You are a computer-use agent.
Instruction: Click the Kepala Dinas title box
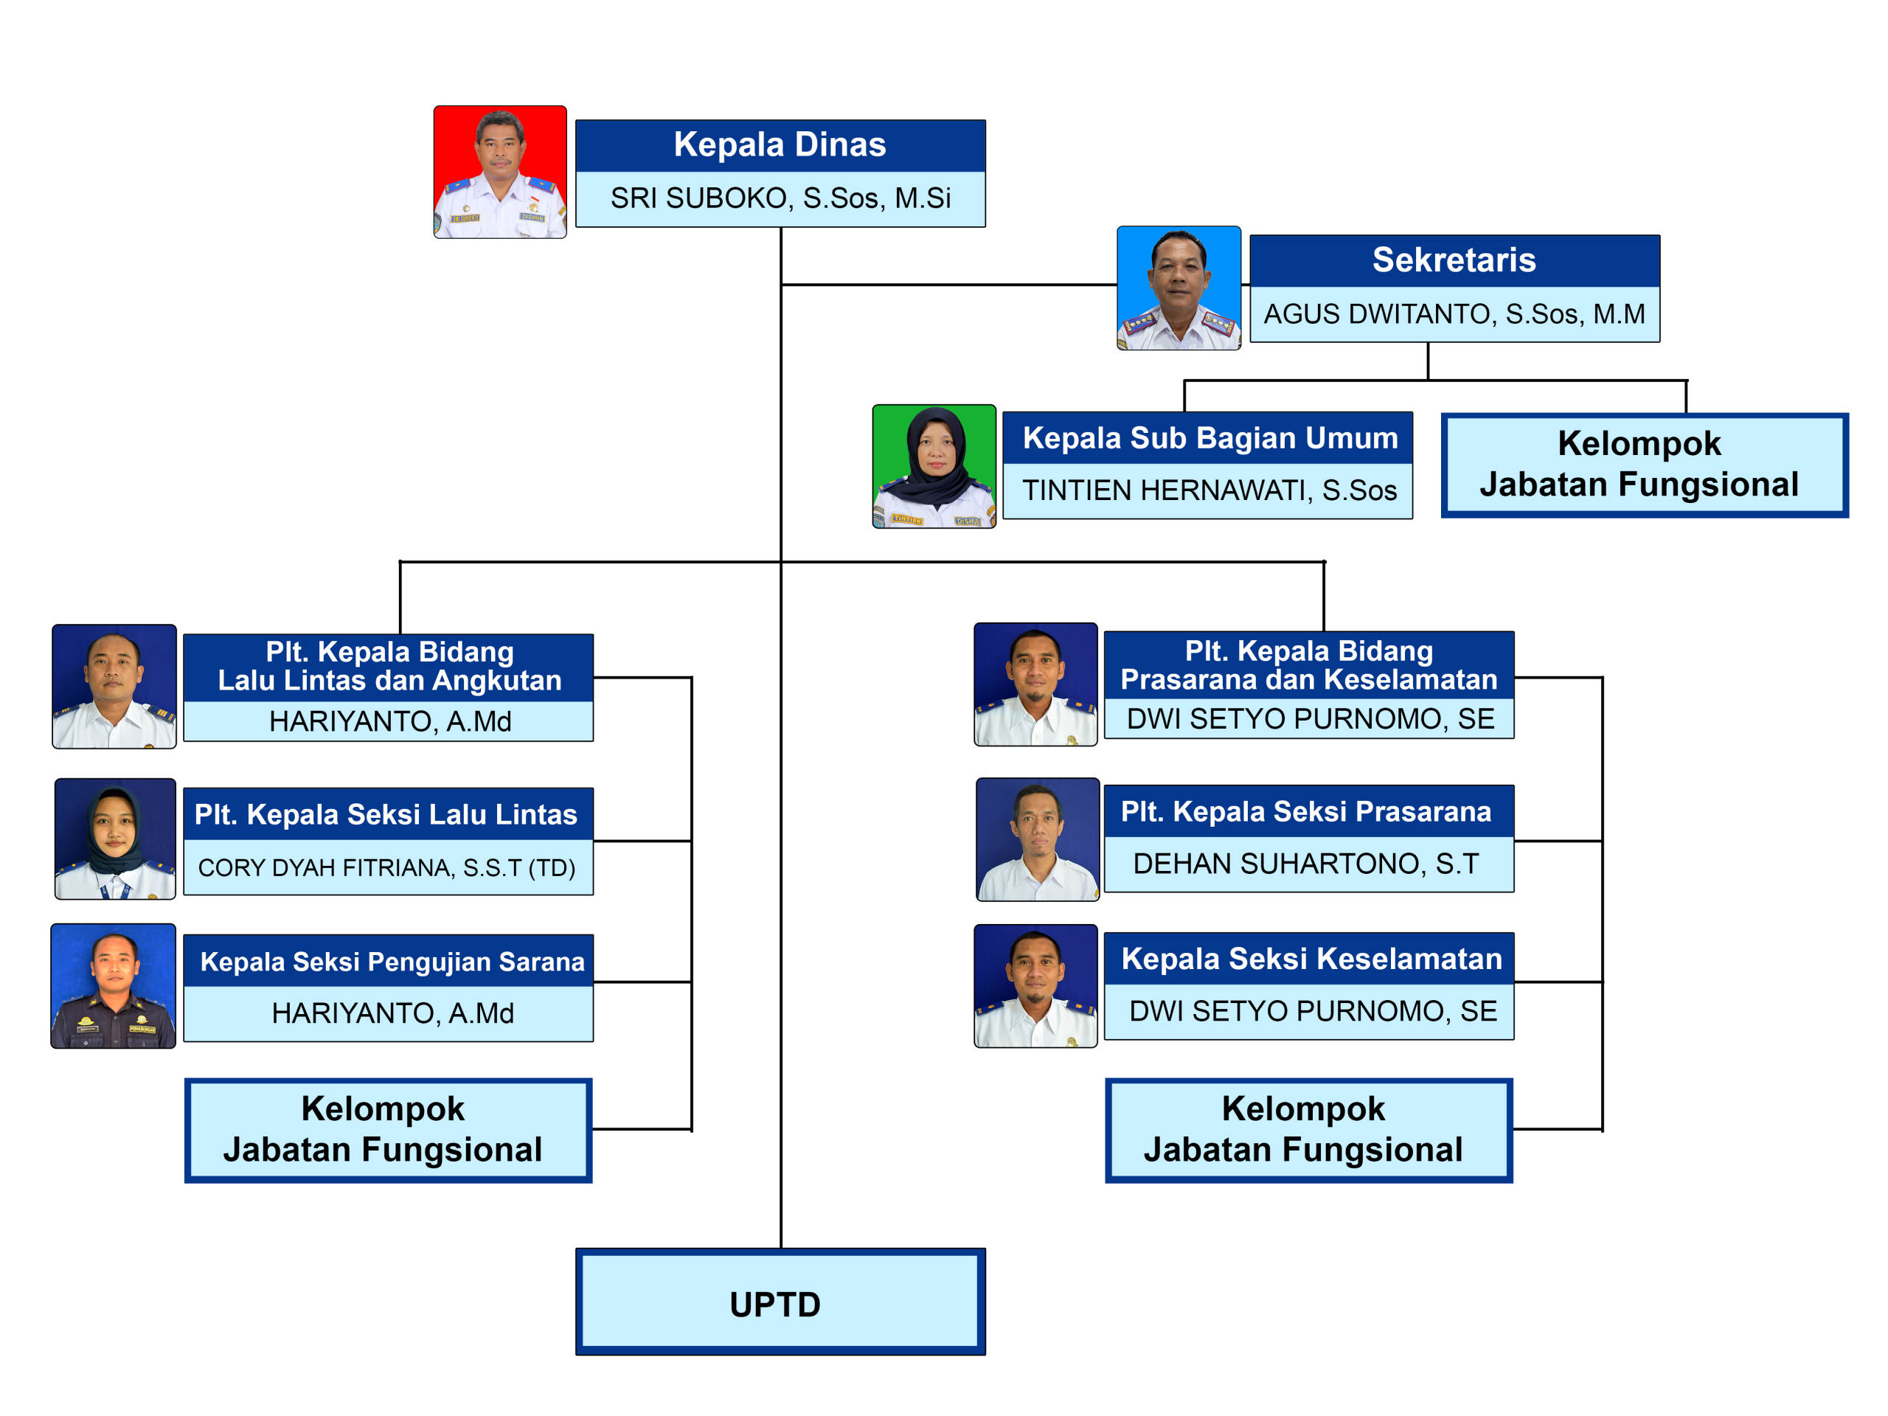click(780, 145)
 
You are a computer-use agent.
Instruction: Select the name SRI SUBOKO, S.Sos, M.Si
click(780, 198)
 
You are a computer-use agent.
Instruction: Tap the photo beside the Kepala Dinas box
click(500, 173)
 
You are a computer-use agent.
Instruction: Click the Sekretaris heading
click(1454, 260)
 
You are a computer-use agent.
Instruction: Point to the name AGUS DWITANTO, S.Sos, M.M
click(1454, 314)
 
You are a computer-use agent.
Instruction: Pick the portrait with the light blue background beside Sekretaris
click(1179, 288)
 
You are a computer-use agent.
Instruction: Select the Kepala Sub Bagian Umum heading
click(1208, 438)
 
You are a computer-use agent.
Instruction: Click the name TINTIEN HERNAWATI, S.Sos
click(1208, 490)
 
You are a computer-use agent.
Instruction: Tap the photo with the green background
click(934, 466)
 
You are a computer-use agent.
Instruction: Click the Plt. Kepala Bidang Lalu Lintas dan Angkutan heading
click(389, 667)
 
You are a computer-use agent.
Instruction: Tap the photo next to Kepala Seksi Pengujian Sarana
click(114, 986)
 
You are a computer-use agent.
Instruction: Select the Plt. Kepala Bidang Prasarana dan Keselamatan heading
click(1308, 665)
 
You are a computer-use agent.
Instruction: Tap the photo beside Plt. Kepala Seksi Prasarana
click(1038, 839)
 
